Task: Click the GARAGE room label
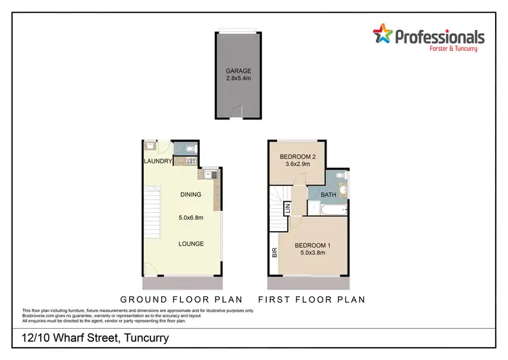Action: (x=238, y=71)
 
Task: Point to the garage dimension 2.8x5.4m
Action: (x=238, y=79)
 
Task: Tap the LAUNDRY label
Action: (x=157, y=161)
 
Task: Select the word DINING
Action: (x=191, y=195)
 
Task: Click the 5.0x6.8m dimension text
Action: (x=191, y=218)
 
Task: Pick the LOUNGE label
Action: (x=191, y=244)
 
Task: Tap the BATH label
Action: (x=329, y=195)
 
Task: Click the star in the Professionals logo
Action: (x=383, y=34)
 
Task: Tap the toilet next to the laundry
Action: (x=189, y=148)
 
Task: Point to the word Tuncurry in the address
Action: (x=145, y=337)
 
